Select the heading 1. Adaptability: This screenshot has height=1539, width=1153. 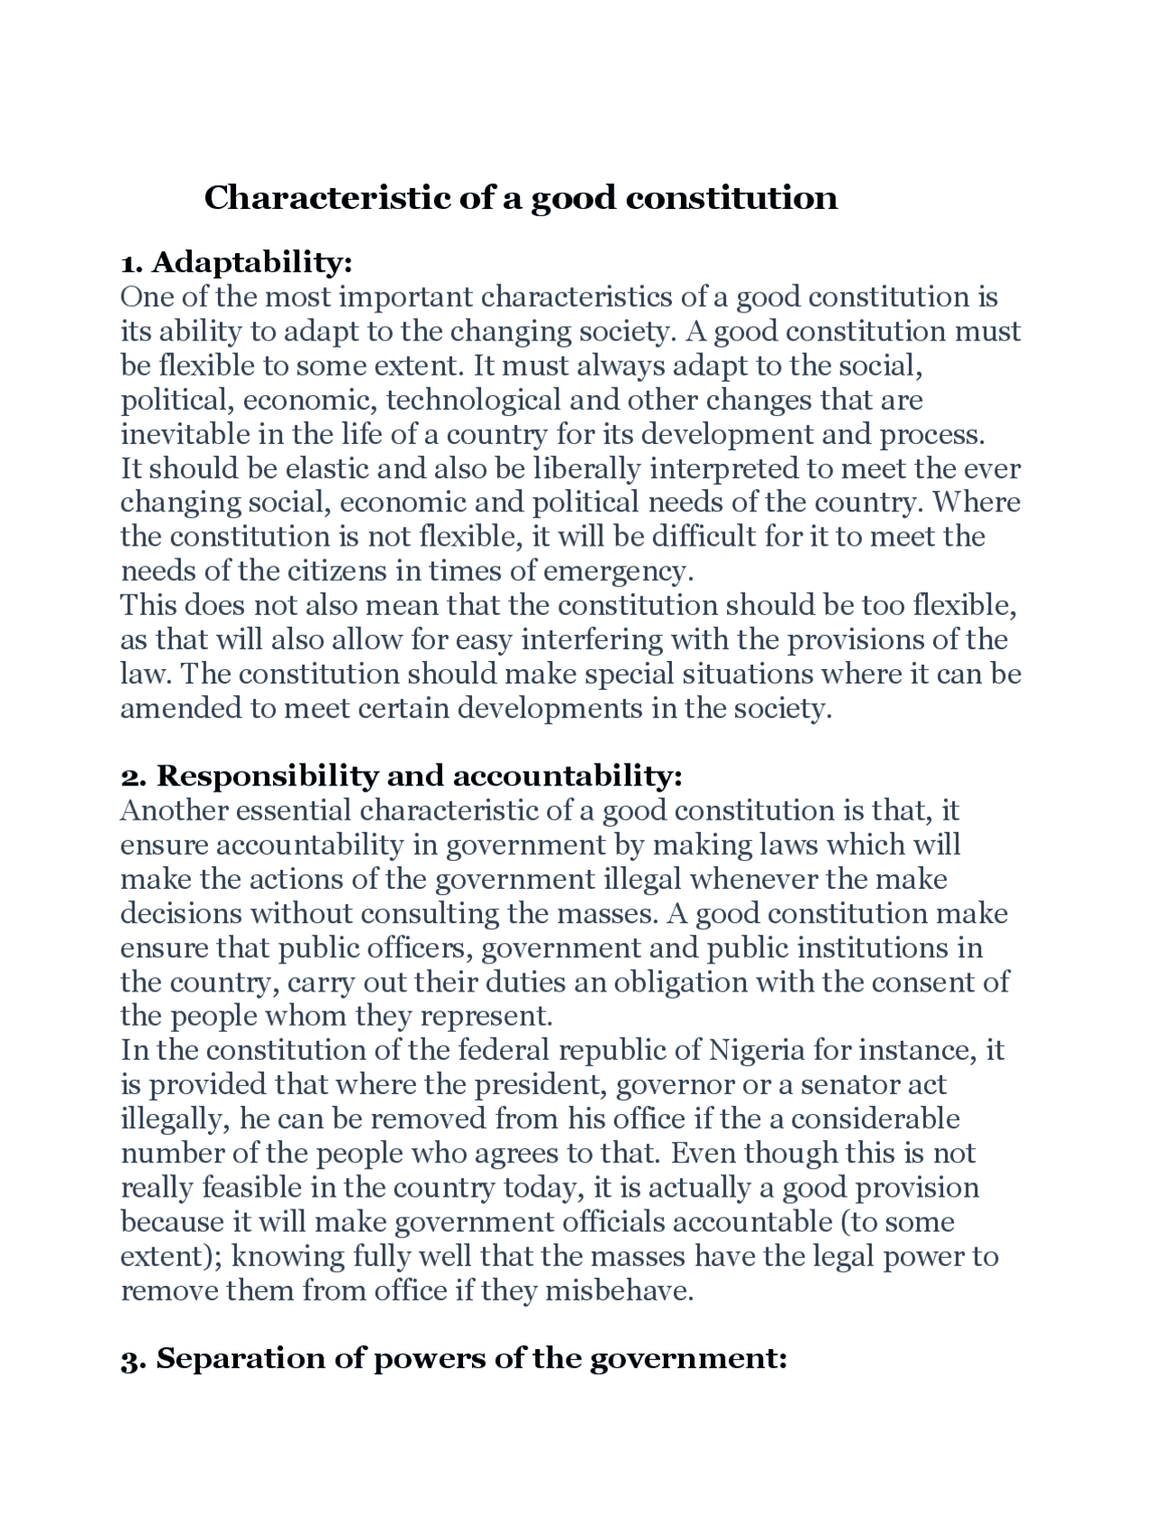point(236,262)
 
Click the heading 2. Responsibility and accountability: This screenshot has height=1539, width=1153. point(402,775)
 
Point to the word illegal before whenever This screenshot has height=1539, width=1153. point(642,879)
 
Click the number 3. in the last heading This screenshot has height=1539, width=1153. point(133,1358)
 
